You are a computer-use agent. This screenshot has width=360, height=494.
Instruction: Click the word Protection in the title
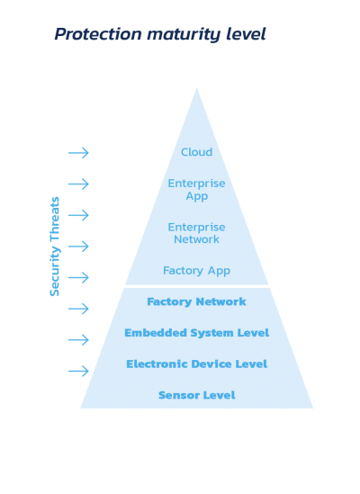point(98,33)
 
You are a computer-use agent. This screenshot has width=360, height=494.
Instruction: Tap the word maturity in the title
point(184,34)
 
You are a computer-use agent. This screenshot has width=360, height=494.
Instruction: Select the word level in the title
point(246,33)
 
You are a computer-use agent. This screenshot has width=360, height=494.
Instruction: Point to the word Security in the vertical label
point(55,271)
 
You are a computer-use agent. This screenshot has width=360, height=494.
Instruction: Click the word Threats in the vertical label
point(55,220)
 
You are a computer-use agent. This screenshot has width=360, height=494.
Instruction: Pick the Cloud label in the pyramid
point(196,152)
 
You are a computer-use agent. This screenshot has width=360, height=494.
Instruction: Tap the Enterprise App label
point(196,190)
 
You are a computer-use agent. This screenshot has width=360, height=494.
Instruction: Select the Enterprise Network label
point(196,233)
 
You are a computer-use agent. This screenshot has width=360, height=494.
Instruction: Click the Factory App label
point(196,271)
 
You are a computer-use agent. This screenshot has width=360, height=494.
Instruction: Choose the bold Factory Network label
point(196,301)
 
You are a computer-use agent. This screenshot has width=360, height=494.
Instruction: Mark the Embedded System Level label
point(197,333)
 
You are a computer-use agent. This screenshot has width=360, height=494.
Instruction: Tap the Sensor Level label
point(197,395)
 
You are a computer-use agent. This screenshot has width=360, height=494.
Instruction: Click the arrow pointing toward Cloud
point(78,153)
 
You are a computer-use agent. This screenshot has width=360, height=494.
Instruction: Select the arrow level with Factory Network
point(78,309)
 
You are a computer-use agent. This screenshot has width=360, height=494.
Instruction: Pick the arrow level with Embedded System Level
point(78,339)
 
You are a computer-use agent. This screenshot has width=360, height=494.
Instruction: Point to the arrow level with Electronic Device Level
point(78,371)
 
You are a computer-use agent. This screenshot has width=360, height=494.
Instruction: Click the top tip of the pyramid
point(197,88)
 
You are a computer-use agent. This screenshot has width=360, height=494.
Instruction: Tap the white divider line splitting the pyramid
point(196,286)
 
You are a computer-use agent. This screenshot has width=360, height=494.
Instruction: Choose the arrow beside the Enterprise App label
point(78,184)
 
